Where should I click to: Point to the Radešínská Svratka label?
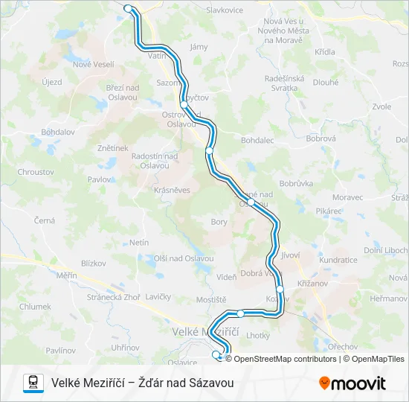pos(286,83)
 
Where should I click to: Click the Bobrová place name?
pos(321,138)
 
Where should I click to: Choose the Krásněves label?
pos(173,190)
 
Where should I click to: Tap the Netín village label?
pos(139,243)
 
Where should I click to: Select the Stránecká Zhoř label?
pos(113,297)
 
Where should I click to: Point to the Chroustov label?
pos(34,171)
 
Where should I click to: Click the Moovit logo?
pos(352,383)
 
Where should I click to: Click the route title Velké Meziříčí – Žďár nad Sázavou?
pos(143,383)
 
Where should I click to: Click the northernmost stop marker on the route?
pos(128,9)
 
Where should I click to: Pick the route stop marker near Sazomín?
pos(184,105)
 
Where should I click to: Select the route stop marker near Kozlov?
pos(280,289)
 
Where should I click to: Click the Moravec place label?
pos(347,197)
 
